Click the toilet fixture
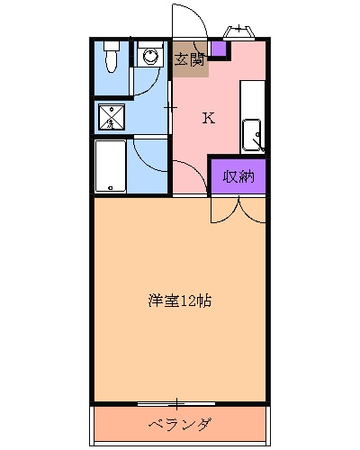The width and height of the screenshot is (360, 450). pos(111,57)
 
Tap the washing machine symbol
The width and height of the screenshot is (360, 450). pos(149,57)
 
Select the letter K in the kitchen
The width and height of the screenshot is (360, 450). pos(208,118)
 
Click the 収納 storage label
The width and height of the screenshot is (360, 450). pos(238,175)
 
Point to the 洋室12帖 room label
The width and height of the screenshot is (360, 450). pos(181,301)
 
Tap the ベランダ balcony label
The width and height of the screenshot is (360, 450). pos(180,424)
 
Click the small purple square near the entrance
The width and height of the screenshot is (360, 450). pos(218,48)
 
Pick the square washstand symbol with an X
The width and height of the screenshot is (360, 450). pos(112,116)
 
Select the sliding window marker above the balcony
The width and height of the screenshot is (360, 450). pos(179,401)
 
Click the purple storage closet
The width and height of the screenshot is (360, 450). pos(238,175)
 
